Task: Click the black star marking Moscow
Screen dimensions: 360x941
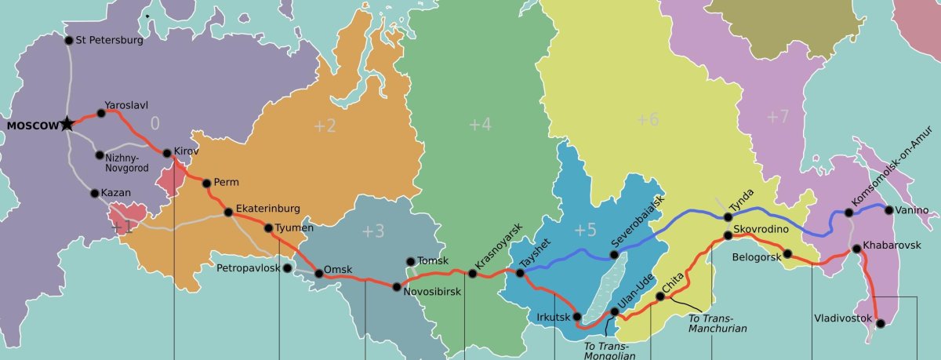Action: (x=67, y=124)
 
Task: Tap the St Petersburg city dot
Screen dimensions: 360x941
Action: (x=69, y=40)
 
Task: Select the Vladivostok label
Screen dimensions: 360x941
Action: (x=843, y=318)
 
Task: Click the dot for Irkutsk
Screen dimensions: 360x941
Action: (x=578, y=317)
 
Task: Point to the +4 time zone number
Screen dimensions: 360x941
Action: (x=479, y=124)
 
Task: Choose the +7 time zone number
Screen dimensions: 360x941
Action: (x=777, y=118)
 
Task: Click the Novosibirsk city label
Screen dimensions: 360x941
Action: (x=432, y=292)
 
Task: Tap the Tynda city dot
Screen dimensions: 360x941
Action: (x=728, y=217)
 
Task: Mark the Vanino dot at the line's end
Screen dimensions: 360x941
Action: (x=888, y=209)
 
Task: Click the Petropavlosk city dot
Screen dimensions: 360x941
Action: (x=287, y=268)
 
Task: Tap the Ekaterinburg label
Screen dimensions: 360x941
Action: (x=267, y=209)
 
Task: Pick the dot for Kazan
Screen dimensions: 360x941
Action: (x=95, y=193)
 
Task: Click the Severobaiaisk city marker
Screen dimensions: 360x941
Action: (x=615, y=255)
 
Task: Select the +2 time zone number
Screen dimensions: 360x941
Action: (x=325, y=125)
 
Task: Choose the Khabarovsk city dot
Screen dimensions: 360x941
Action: (x=857, y=250)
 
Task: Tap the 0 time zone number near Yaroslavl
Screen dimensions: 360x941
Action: (x=154, y=123)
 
